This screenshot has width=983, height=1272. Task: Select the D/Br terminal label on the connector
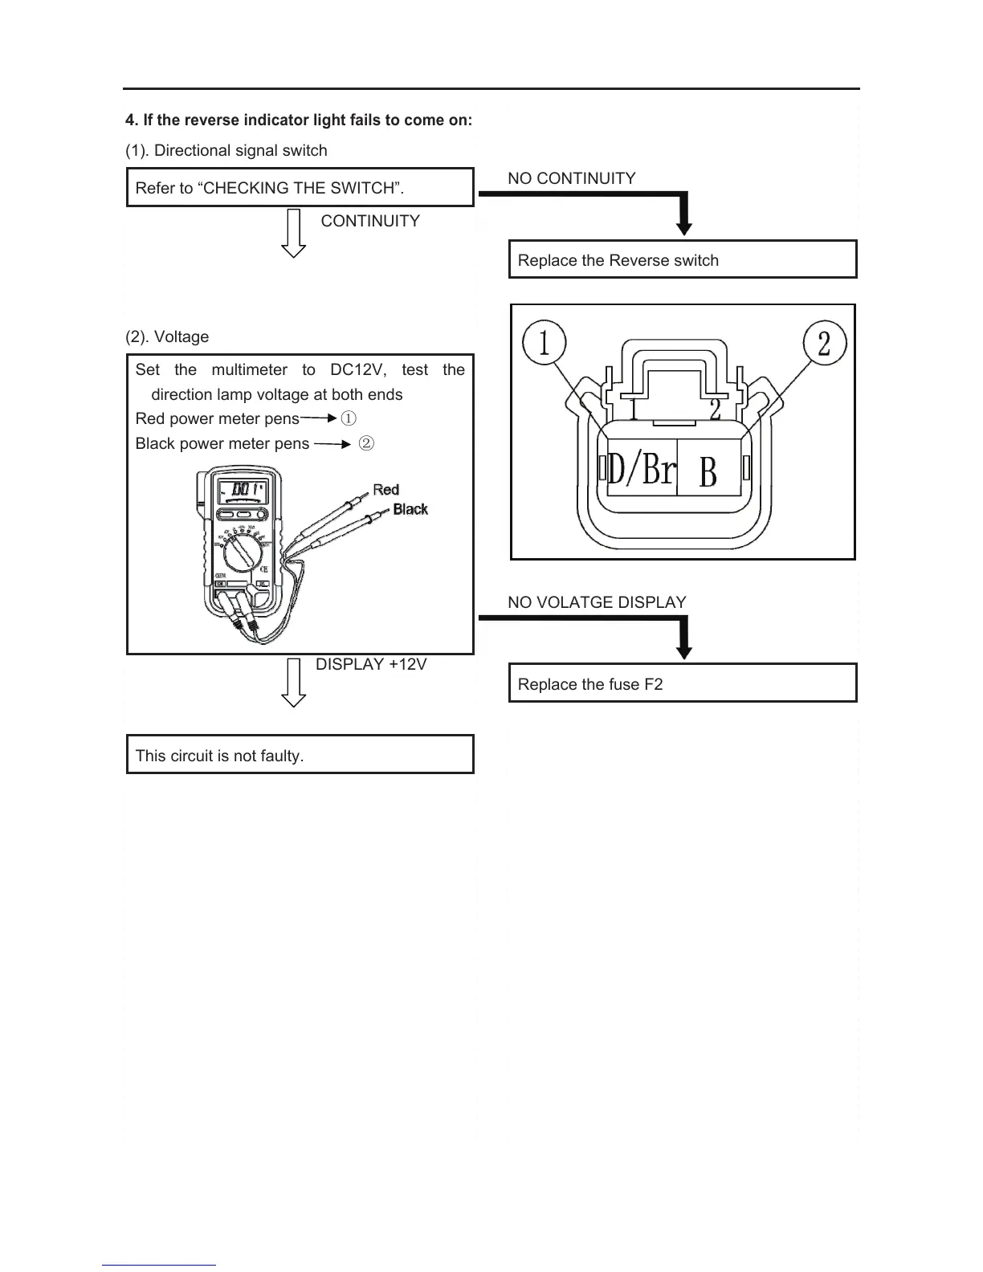pos(642,468)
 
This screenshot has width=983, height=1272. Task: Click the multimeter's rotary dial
pos(241,553)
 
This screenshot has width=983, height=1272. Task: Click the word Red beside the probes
pos(385,489)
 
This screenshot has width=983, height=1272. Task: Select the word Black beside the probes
pos(410,509)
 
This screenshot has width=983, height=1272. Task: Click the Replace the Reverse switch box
pos(683,259)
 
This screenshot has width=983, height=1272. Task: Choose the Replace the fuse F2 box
pos(683,683)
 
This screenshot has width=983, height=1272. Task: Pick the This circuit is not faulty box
pos(300,755)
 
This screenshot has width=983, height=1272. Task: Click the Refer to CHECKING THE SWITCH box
pos(300,188)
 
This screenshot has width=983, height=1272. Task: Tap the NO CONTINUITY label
pos(571,178)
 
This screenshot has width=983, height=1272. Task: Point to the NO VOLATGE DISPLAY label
pos(597,602)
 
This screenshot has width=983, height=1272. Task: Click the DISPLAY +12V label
pos(371,664)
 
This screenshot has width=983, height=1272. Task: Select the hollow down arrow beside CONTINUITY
pos(295,233)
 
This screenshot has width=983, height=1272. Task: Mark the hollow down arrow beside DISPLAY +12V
pos(295,682)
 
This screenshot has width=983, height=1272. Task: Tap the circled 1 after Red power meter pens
pos(349,418)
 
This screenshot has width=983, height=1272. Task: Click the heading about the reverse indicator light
pos(299,120)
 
